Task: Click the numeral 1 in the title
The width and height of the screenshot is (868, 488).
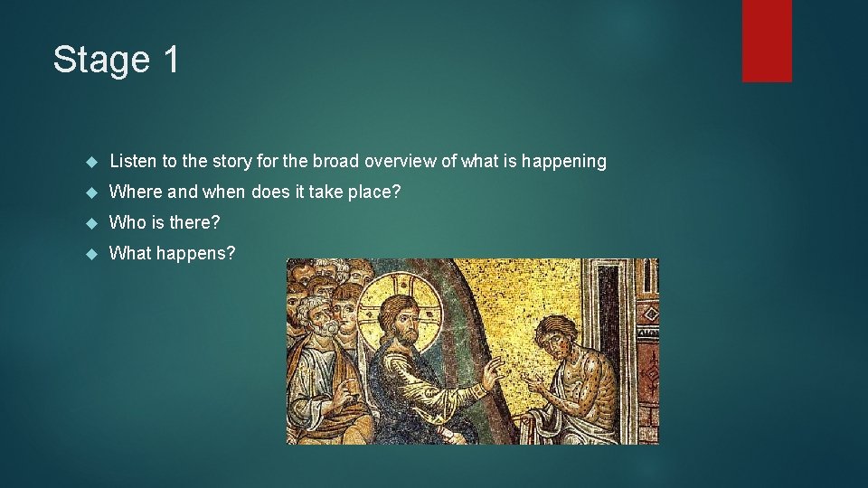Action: click(x=171, y=60)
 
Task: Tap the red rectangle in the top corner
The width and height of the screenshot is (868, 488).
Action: click(x=767, y=41)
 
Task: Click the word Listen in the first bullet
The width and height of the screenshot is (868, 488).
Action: click(x=133, y=162)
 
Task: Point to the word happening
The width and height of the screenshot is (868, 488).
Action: click(x=561, y=162)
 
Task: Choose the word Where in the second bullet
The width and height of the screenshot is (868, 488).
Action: click(x=134, y=192)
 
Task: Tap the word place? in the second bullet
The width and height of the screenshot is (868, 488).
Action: click(x=376, y=192)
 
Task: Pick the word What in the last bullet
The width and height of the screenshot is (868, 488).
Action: click(x=130, y=253)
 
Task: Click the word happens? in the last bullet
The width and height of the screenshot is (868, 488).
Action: click(x=196, y=253)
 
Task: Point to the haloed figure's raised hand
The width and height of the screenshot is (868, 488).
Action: click(x=491, y=372)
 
